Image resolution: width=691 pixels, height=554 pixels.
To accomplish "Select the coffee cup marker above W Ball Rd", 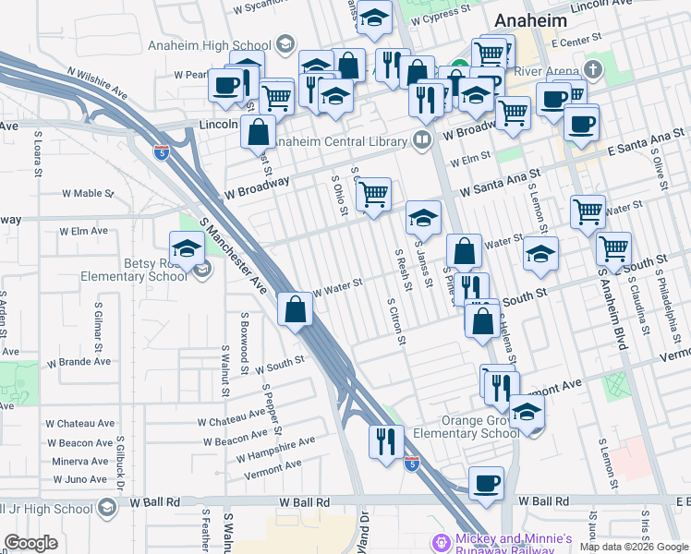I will (x=486, y=482).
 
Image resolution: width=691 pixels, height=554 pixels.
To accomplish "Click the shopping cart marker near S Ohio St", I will (x=372, y=195).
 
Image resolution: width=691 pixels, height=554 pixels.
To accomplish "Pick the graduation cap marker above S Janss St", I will (x=423, y=218).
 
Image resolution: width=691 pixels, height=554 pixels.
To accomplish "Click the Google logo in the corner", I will (x=30, y=542).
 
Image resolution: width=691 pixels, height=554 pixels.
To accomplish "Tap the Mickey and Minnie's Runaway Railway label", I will (x=515, y=544).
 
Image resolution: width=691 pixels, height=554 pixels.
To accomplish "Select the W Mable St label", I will (x=87, y=194).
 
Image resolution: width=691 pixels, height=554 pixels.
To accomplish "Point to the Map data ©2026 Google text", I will (x=633, y=547).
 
